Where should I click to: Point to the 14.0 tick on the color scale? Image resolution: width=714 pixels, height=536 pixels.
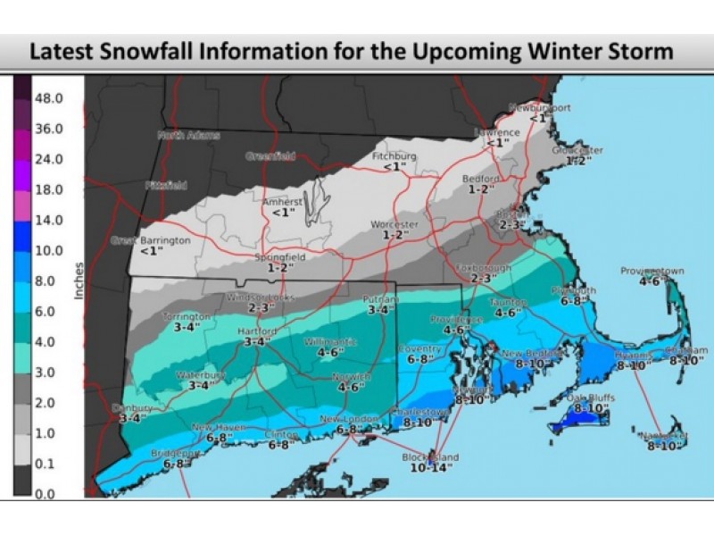click(x=48, y=220)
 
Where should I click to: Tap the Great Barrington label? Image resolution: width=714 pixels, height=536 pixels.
click(x=150, y=240)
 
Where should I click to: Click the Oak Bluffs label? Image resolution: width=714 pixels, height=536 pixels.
click(x=591, y=398)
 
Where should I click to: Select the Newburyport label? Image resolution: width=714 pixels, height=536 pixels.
click(x=539, y=107)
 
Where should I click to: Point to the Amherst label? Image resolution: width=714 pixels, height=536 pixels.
click(x=282, y=202)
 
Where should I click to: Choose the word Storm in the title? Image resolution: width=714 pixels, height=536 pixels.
click(x=641, y=51)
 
